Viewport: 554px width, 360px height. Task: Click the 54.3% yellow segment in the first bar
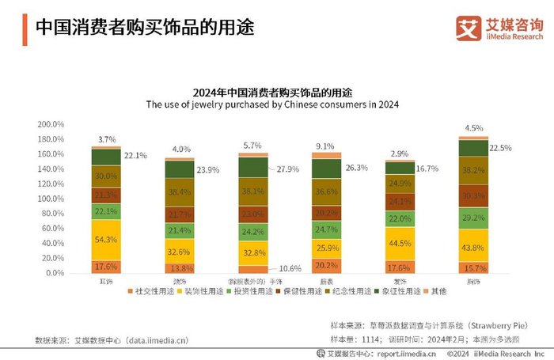(x=105, y=239)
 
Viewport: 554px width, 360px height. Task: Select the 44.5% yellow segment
(x=400, y=244)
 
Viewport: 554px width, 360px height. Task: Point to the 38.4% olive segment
(x=179, y=192)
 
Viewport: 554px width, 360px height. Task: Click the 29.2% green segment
(x=473, y=218)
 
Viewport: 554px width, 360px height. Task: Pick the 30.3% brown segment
(x=473, y=195)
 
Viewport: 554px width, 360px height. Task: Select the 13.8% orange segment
(x=179, y=268)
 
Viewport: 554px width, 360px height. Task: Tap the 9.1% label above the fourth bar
(x=325, y=146)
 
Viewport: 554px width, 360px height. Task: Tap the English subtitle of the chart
(x=271, y=104)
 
